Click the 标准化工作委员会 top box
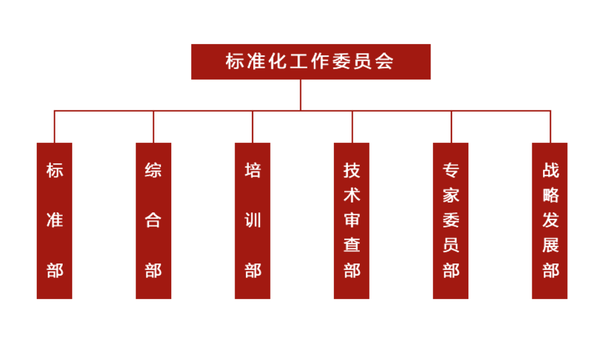point(311,62)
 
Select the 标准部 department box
point(54,221)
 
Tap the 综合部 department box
point(153,221)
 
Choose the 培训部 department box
point(253,221)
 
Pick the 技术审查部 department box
point(351,221)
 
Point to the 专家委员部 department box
point(450,221)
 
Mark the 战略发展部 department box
point(549,221)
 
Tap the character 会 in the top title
point(385,62)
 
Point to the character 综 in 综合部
point(153,170)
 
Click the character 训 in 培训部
point(253,220)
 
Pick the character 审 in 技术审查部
point(351,220)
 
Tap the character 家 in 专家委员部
point(451,195)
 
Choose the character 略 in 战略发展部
point(550,195)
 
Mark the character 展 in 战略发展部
point(550,245)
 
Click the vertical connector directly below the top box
point(300,95)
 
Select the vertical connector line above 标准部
point(54,127)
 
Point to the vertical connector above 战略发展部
point(550,127)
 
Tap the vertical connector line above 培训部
point(253,127)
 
